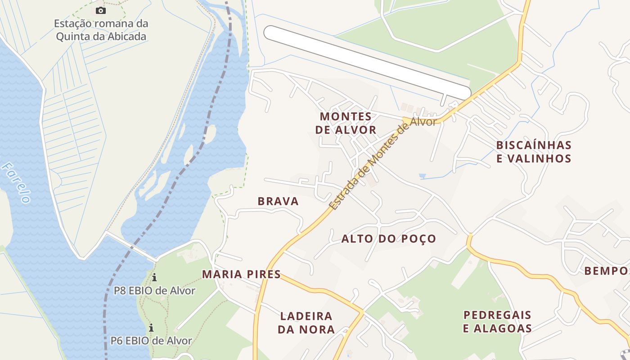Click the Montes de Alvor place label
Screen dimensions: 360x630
pyautogui.click(x=346, y=123)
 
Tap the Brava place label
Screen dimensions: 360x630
pyautogui.click(x=278, y=201)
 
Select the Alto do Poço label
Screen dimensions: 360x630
pyautogui.click(x=388, y=238)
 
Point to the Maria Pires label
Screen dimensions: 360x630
pyautogui.click(x=241, y=274)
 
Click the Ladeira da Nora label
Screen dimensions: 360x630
pyautogui.click(x=306, y=323)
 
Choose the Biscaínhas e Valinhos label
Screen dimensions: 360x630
pyautogui.click(x=534, y=152)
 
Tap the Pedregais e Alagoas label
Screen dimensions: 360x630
pyautogui.click(x=497, y=321)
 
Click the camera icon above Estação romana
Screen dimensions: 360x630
pyautogui.click(x=101, y=10)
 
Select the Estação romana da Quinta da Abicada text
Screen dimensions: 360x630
pyautogui.click(x=101, y=30)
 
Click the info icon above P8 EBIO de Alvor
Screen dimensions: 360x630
pyautogui.click(x=154, y=277)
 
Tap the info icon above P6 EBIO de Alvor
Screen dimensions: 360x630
pyautogui.click(x=151, y=327)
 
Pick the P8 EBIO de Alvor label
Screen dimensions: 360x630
pyautogui.click(x=154, y=291)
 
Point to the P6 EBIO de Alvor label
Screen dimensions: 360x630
pyautogui.click(x=151, y=341)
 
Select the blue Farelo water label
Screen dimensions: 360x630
pyautogui.click(x=16, y=183)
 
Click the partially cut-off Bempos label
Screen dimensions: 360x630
pyautogui.click(x=607, y=271)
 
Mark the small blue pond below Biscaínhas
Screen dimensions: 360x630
pyautogui.click(x=423, y=175)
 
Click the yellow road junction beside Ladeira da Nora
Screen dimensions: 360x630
pyautogui.click(x=361, y=311)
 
